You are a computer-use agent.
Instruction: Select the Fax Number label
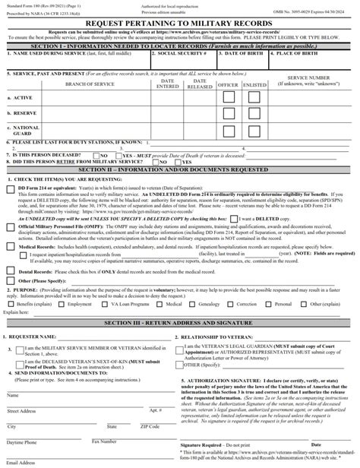pos(104,441)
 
